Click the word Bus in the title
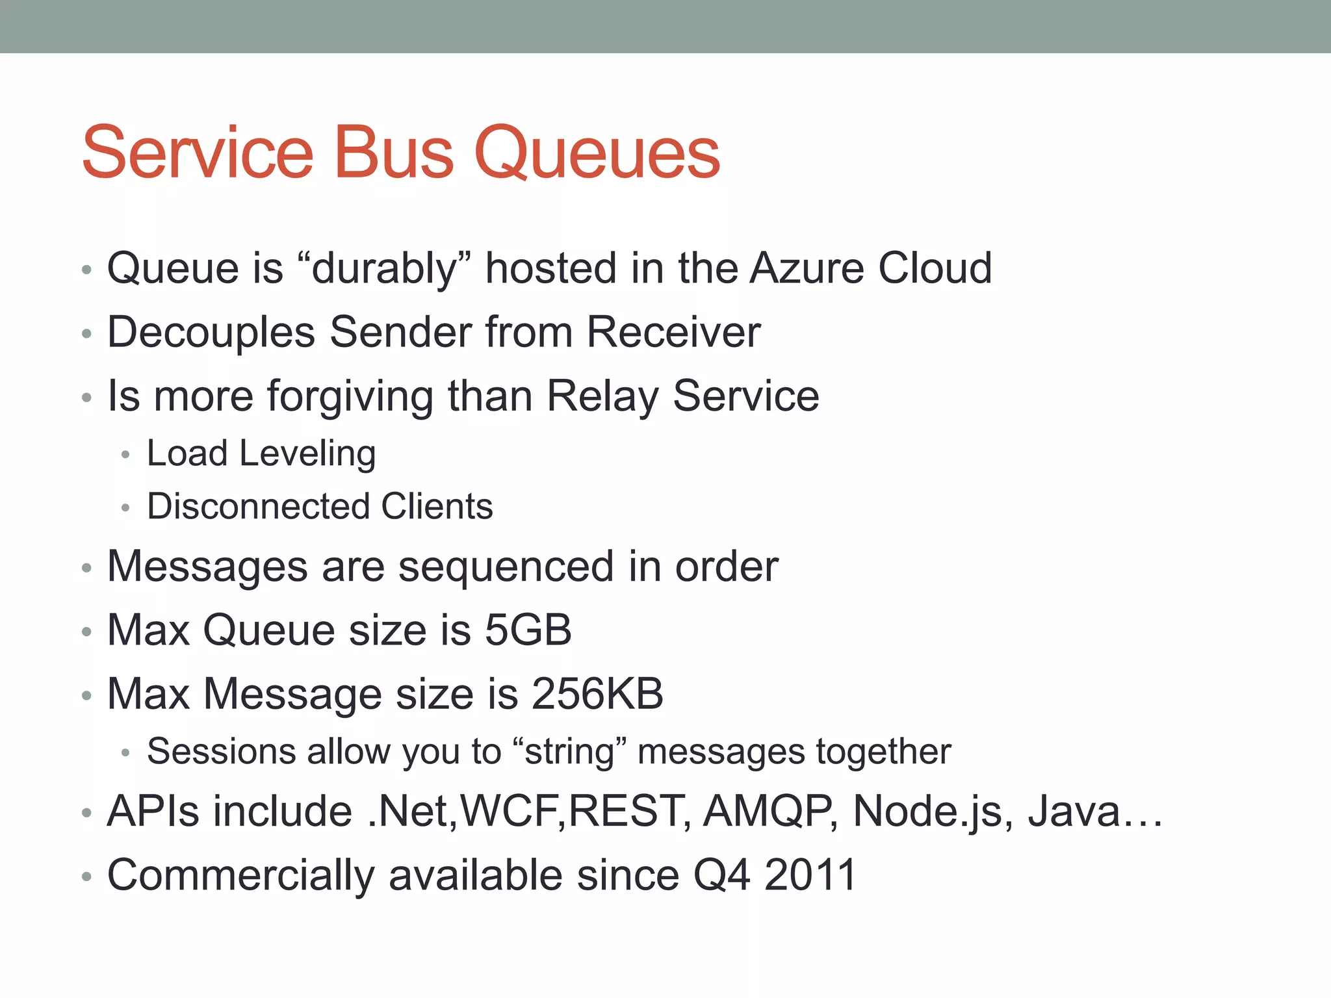393,153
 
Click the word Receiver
673,333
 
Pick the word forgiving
350,396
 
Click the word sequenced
506,567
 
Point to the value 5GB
528,630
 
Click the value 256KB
597,694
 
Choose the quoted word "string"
570,752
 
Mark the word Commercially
240,875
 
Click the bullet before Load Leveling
126,455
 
